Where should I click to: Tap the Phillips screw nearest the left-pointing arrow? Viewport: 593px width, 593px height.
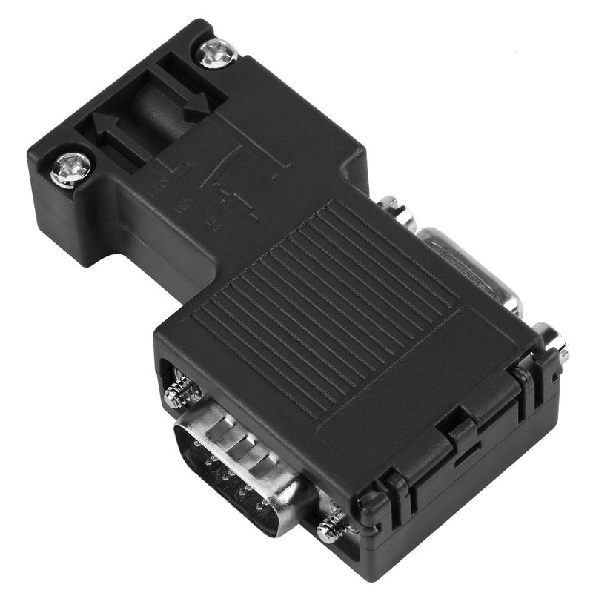71,169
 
